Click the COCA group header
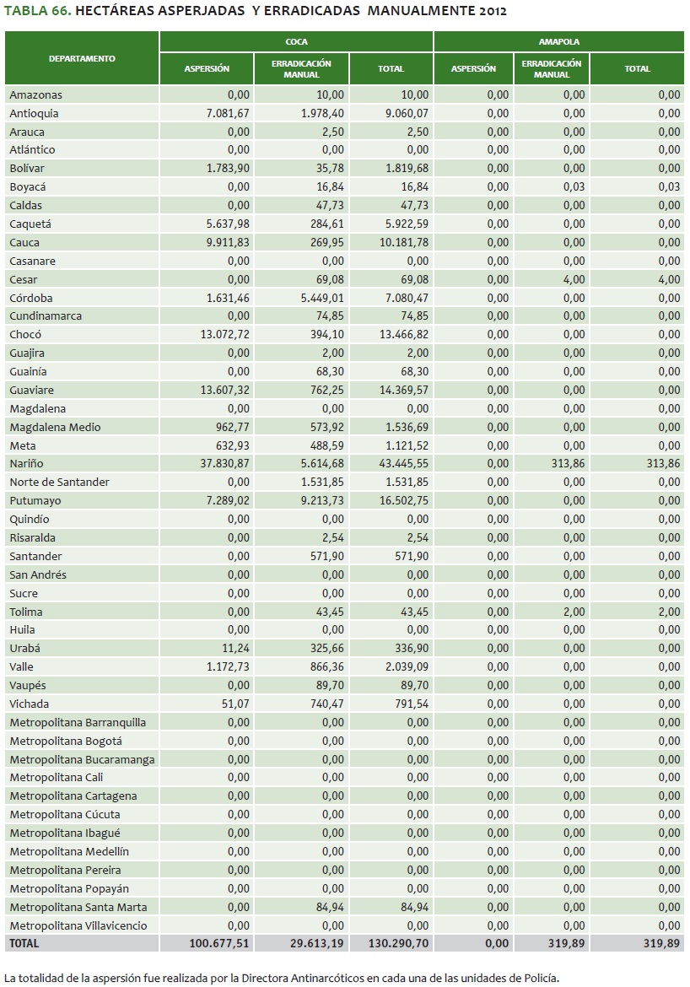(296, 41)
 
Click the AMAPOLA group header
(559, 41)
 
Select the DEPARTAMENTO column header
(82, 58)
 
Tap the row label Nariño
(26, 464)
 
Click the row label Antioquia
(34, 113)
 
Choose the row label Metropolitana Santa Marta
(78, 907)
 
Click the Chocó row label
(25, 335)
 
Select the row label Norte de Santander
(59, 483)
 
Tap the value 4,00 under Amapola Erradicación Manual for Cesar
(574, 279)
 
